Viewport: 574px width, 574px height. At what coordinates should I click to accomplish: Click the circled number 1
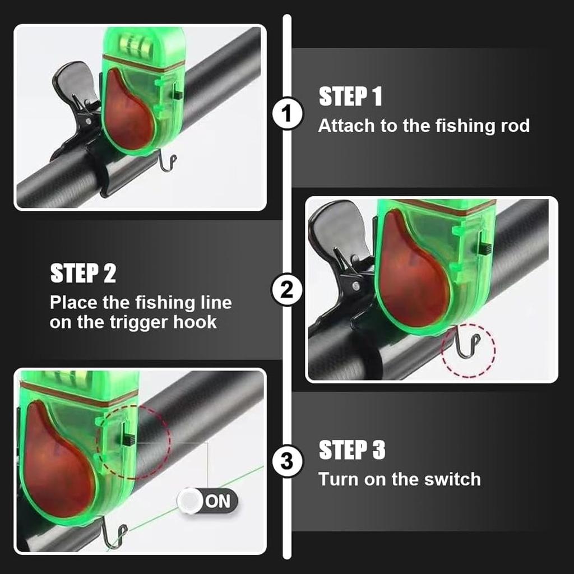click(287, 115)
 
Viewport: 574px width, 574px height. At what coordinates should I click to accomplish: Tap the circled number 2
click(287, 290)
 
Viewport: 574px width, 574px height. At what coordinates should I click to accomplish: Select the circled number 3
click(287, 462)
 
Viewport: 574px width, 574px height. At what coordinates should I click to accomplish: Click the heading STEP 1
click(350, 96)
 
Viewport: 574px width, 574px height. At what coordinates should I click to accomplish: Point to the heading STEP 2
click(83, 274)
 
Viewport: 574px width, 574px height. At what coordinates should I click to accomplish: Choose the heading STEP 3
click(352, 450)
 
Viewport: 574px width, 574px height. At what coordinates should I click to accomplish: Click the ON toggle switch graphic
click(207, 501)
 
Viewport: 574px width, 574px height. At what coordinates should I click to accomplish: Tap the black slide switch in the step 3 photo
click(128, 439)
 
